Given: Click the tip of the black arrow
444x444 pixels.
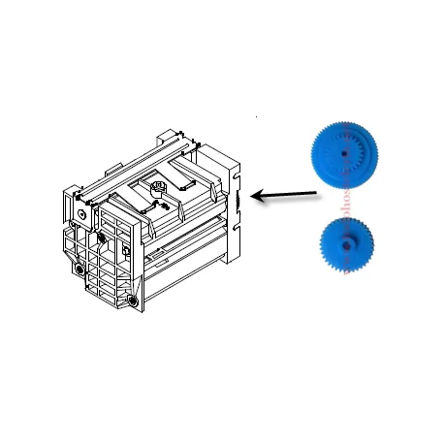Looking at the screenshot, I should point(253,197).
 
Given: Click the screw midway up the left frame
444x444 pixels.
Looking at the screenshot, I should point(100,236).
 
